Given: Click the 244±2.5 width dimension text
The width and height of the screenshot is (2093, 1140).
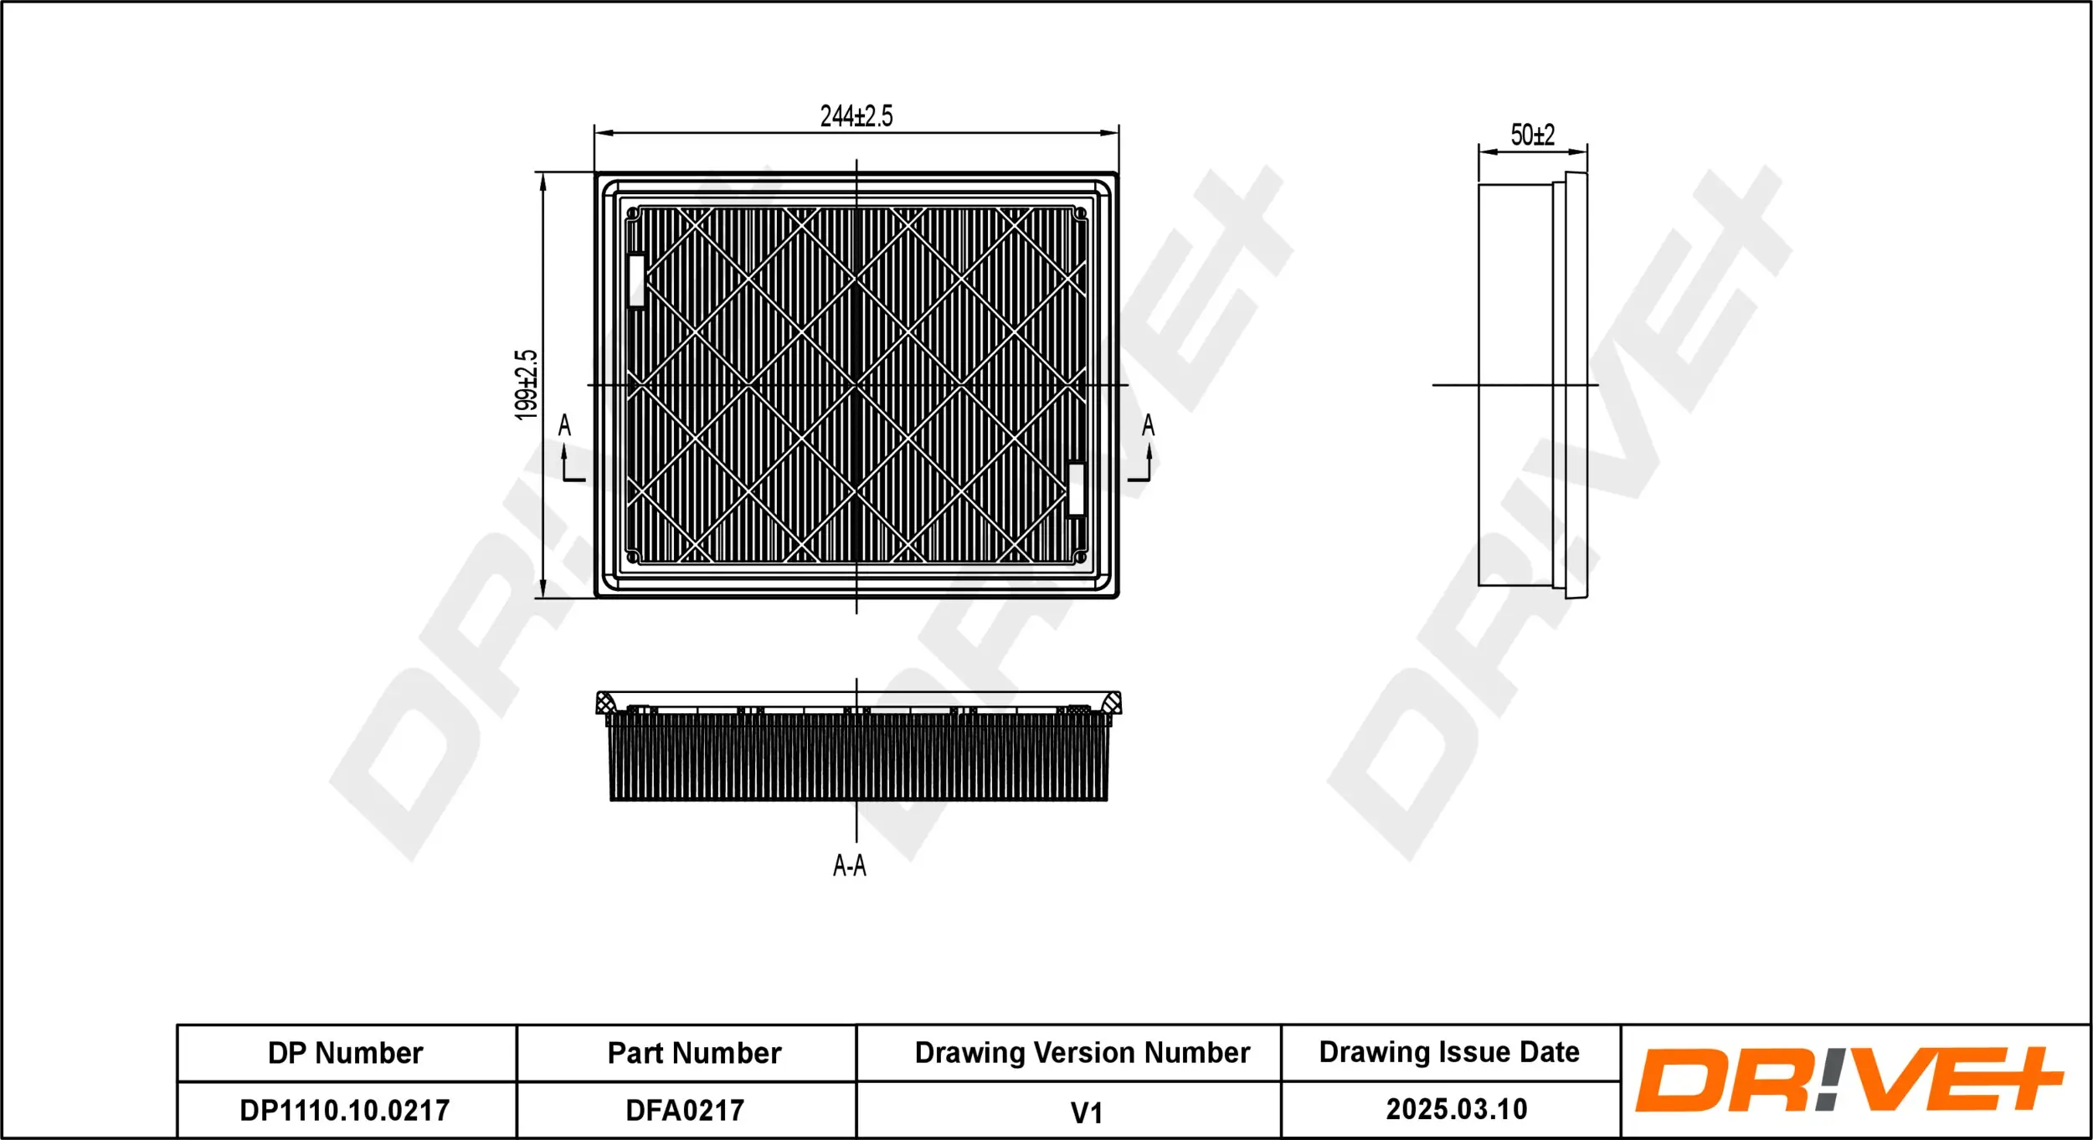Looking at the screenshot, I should (856, 116).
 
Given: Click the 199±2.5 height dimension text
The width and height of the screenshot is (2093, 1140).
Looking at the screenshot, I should (526, 384).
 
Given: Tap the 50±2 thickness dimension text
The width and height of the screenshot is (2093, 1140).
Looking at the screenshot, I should (1532, 135).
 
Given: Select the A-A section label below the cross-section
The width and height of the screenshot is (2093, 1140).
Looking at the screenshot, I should (849, 865).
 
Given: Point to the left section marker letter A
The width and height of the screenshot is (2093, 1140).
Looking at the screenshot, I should (564, 425).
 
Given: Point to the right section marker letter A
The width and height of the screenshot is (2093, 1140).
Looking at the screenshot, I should (1148, 425).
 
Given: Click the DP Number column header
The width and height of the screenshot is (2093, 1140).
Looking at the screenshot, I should (345, 1053).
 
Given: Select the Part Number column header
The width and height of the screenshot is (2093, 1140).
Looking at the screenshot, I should (694, 1053).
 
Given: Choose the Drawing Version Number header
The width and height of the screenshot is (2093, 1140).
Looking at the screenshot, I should (1082, 1052).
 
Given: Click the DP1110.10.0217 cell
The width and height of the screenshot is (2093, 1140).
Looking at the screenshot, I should (345, 1111).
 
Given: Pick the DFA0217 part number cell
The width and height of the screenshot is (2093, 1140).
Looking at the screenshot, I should (685, 1111).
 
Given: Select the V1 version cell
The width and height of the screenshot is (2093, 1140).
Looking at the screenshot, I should (1086, 1112).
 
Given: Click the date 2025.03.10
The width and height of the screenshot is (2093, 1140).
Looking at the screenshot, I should (1457, 1109).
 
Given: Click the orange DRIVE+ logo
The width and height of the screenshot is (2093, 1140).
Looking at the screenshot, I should (1850, 1081).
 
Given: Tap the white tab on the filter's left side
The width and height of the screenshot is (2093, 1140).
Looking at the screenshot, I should (636, 280).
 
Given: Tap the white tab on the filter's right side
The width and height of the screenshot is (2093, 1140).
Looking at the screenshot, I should (1077, 489).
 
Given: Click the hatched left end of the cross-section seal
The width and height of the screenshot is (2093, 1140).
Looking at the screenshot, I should (604, 703).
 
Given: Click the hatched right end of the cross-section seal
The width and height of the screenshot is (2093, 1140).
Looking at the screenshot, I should (1112, 703).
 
